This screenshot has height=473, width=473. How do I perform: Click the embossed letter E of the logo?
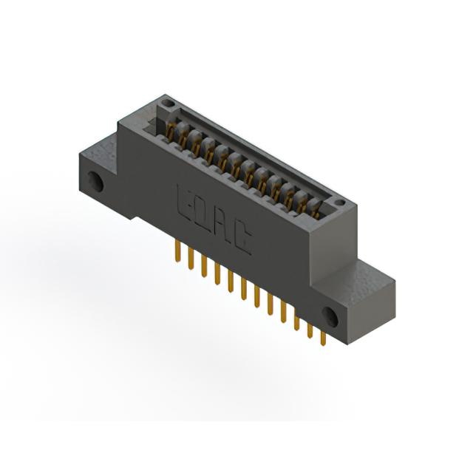186,202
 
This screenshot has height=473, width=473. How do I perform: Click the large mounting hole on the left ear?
96,182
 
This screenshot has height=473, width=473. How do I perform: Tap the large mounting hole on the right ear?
330,317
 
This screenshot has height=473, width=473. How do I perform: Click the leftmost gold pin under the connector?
178,251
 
